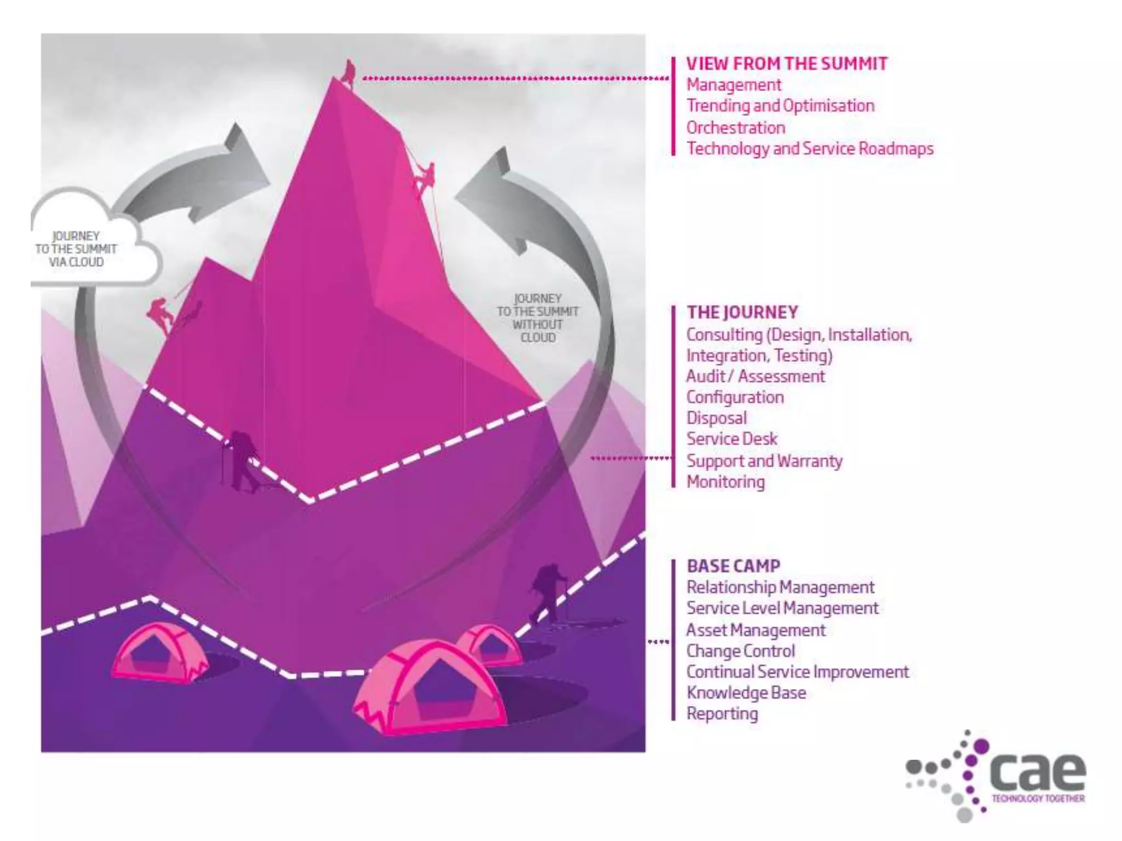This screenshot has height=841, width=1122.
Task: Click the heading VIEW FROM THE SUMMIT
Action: point(787,64)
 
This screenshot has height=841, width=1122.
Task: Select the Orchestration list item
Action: point(736,128)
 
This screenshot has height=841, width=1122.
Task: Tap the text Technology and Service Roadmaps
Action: point(810,149)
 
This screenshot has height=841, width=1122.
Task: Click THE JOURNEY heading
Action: point(742,312)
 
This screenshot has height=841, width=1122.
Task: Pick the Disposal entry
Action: point(717,418)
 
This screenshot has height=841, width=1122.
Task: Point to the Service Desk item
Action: point(732,439)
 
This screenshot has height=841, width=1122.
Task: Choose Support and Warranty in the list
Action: point(764,461)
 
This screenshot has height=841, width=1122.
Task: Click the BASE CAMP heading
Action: point(734,566)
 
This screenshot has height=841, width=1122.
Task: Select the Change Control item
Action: point(741,651)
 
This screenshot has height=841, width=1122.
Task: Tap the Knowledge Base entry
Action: point(746,693)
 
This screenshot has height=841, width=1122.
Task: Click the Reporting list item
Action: point(722,714)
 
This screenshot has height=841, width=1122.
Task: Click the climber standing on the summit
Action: point(348,71)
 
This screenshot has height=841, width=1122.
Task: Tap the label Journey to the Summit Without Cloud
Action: point(537,318)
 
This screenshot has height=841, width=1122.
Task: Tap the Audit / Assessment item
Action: point(755,376)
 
